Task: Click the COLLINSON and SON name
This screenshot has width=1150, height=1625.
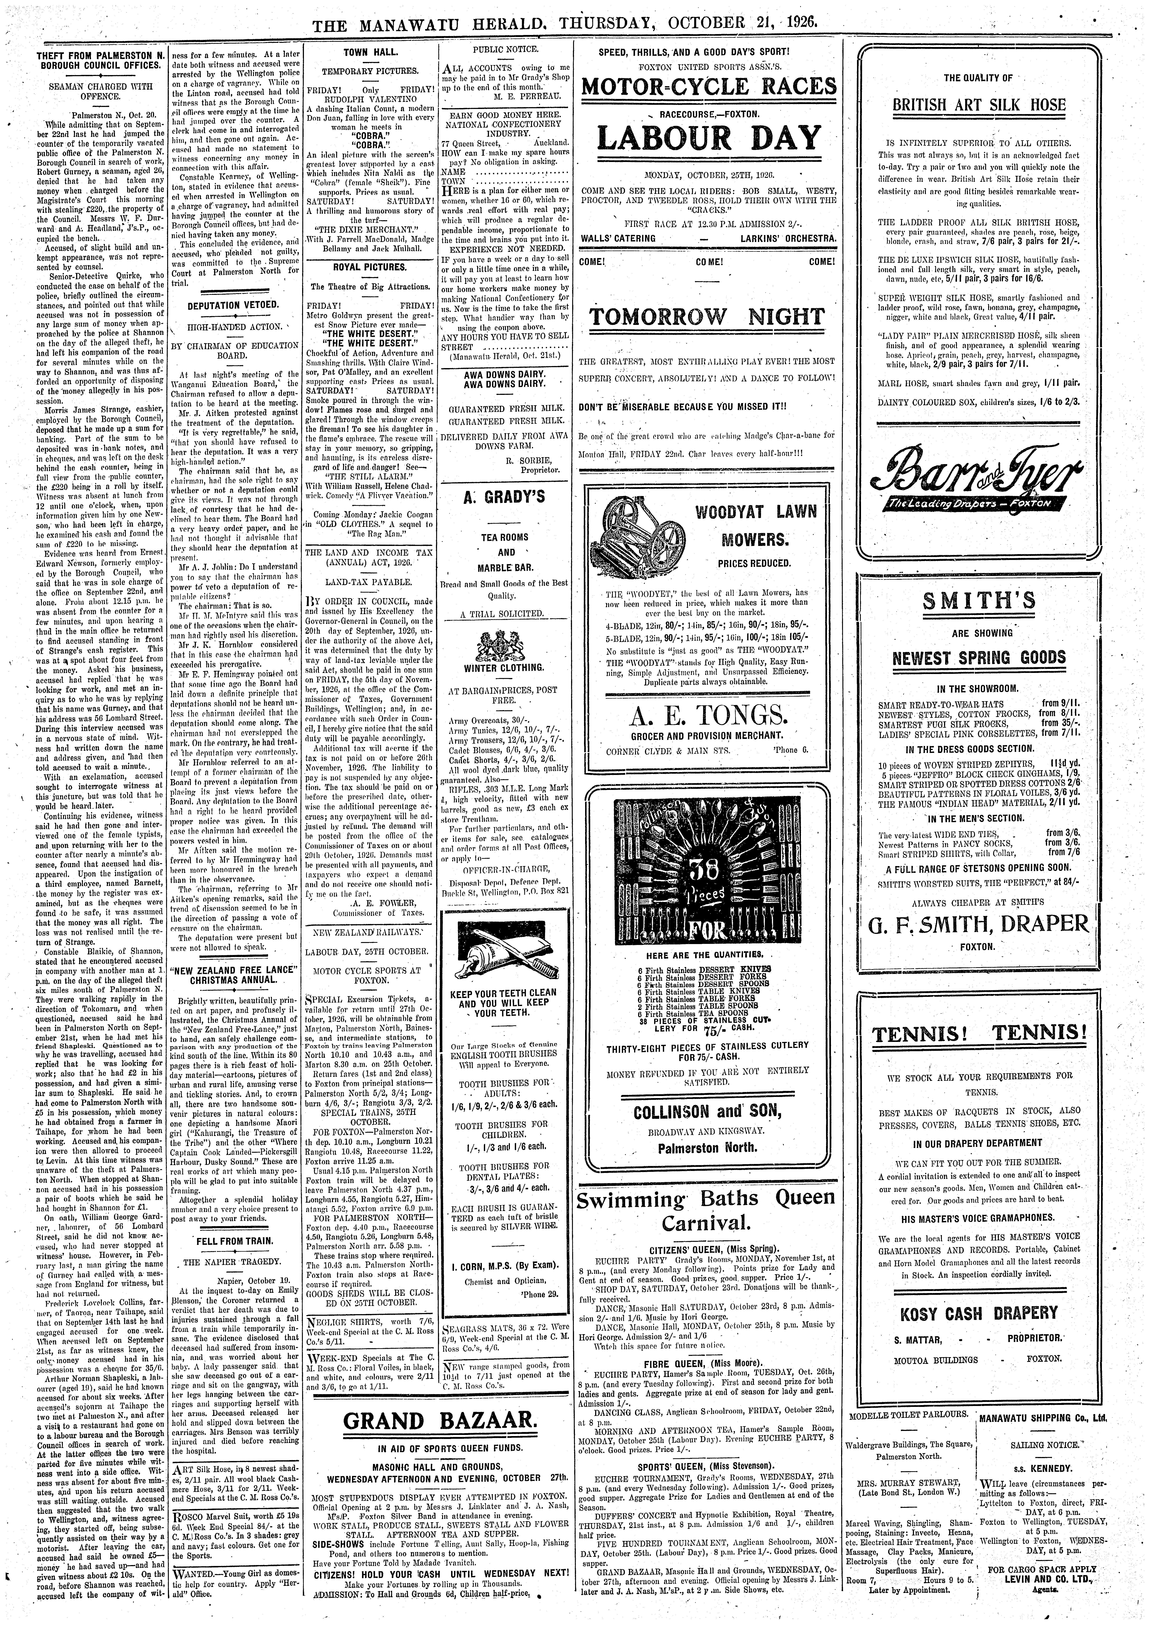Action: (x=706, y=1111)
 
